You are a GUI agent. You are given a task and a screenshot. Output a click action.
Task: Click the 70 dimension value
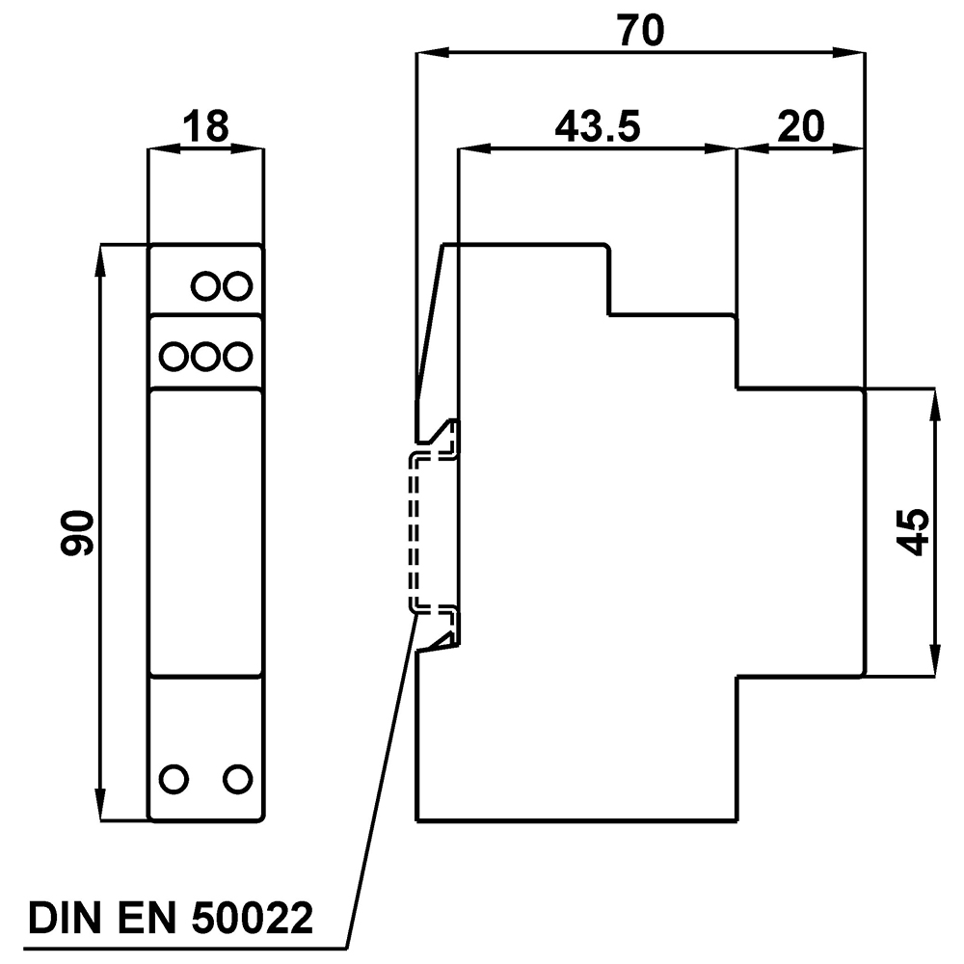click(x=641, y=31)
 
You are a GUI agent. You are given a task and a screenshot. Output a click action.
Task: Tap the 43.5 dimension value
click(x=598, y=126)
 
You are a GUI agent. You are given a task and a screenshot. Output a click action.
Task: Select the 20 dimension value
click(x=800, y=126)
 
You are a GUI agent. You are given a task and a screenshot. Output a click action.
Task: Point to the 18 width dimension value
click(x=205, y=126)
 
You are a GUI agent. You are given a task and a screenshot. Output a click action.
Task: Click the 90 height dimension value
click(x=76, y=532)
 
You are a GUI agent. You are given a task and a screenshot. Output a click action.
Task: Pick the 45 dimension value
click(x=912, y=532)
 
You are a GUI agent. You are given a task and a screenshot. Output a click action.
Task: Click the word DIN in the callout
click(x=65, y=919)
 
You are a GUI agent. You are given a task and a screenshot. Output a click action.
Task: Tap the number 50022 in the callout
click(x=253, y=919)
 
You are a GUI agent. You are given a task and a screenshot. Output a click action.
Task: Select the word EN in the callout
click(x=147, y=919)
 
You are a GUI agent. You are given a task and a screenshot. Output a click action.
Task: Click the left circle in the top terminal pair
click(x=206, y=286)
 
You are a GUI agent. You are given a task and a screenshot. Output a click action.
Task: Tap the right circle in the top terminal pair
click(x=237, y=286)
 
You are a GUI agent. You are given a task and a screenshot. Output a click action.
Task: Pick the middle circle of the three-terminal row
click(x=205, y=357)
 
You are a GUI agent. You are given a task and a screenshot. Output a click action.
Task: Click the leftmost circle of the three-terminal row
click(x=174, y=357)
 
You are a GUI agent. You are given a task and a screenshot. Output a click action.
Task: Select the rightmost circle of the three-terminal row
click(x=237, y=357)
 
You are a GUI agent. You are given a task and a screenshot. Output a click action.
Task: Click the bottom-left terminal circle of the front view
click(x=174, y=779)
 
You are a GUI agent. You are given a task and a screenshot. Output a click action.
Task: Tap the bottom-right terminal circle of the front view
click(x=237, y=779)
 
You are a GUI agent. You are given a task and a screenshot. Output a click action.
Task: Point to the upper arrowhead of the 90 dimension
click(x=101, y=260)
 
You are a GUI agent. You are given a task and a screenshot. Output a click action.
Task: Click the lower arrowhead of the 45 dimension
click(x=935, y=660)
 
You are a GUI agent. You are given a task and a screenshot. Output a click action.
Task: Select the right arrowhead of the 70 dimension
click(x=849, y=53)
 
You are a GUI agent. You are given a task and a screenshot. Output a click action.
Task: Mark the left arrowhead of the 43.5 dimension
click(x=475, y=148)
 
